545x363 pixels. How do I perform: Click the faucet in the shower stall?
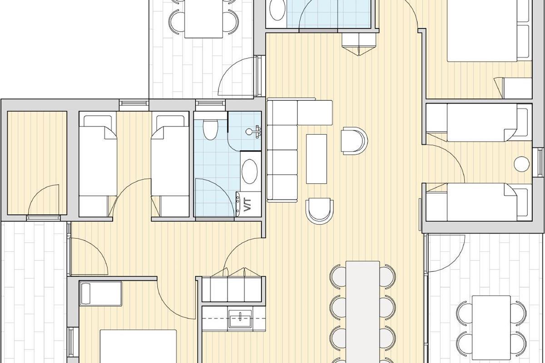pos(254,132)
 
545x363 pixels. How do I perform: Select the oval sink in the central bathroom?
pos(250,172)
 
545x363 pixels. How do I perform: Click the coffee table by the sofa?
pos(316,159)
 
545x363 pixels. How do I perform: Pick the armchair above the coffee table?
pos(354,141)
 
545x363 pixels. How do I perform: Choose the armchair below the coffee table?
pos(319,211)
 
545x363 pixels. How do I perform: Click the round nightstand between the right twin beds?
pos(522,164)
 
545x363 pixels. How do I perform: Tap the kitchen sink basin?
pos(240,319)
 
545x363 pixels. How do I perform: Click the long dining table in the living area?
pos(363,312)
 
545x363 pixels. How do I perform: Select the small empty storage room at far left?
pos(37,163)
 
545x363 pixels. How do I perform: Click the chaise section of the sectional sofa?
pos(315,113)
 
